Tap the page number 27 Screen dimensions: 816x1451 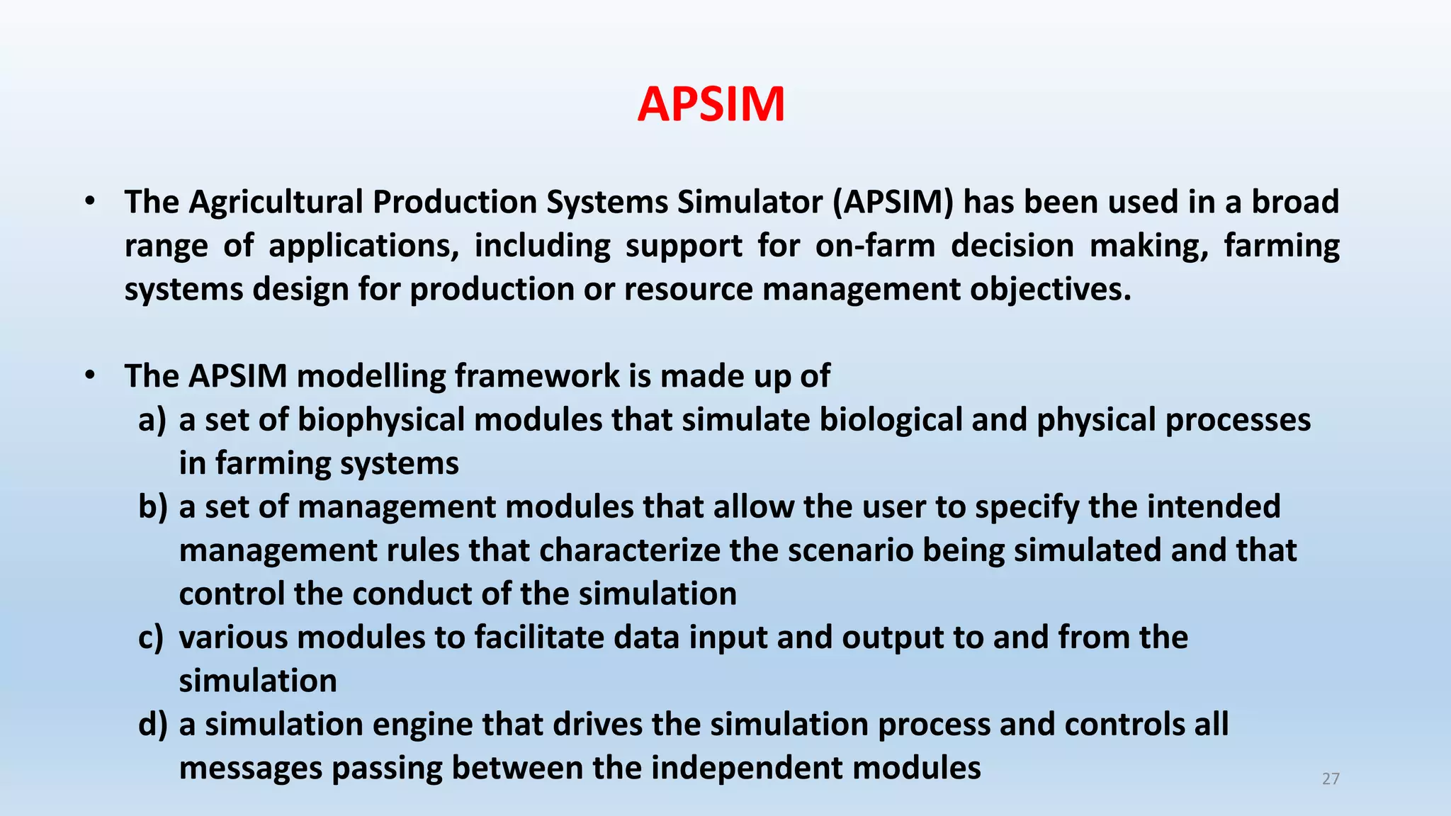[x=1331, y=779]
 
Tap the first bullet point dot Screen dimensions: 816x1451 [x=89, y=203]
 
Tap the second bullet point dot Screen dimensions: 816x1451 [x=89, y=376]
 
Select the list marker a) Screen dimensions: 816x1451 [x=152, y=420]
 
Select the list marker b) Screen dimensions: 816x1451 [x=152, y=507]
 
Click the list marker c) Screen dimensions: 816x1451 [x=151, y=637]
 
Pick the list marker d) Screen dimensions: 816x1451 [x=152, y=725]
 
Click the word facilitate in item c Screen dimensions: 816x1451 [x=538, y=637]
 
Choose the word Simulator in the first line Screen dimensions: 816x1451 [x=750, y=203]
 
